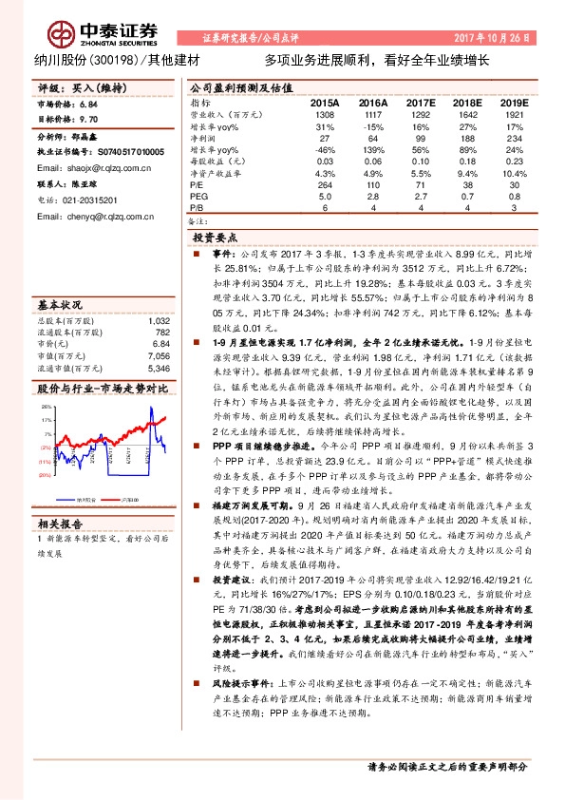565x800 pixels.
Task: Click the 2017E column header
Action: click(x=420, y=101)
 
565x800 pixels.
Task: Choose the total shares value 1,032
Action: click(x=159, y=322)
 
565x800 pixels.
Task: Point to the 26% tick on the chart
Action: click(x=45, y=406)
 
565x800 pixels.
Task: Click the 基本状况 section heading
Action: click(x=59, y=306)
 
